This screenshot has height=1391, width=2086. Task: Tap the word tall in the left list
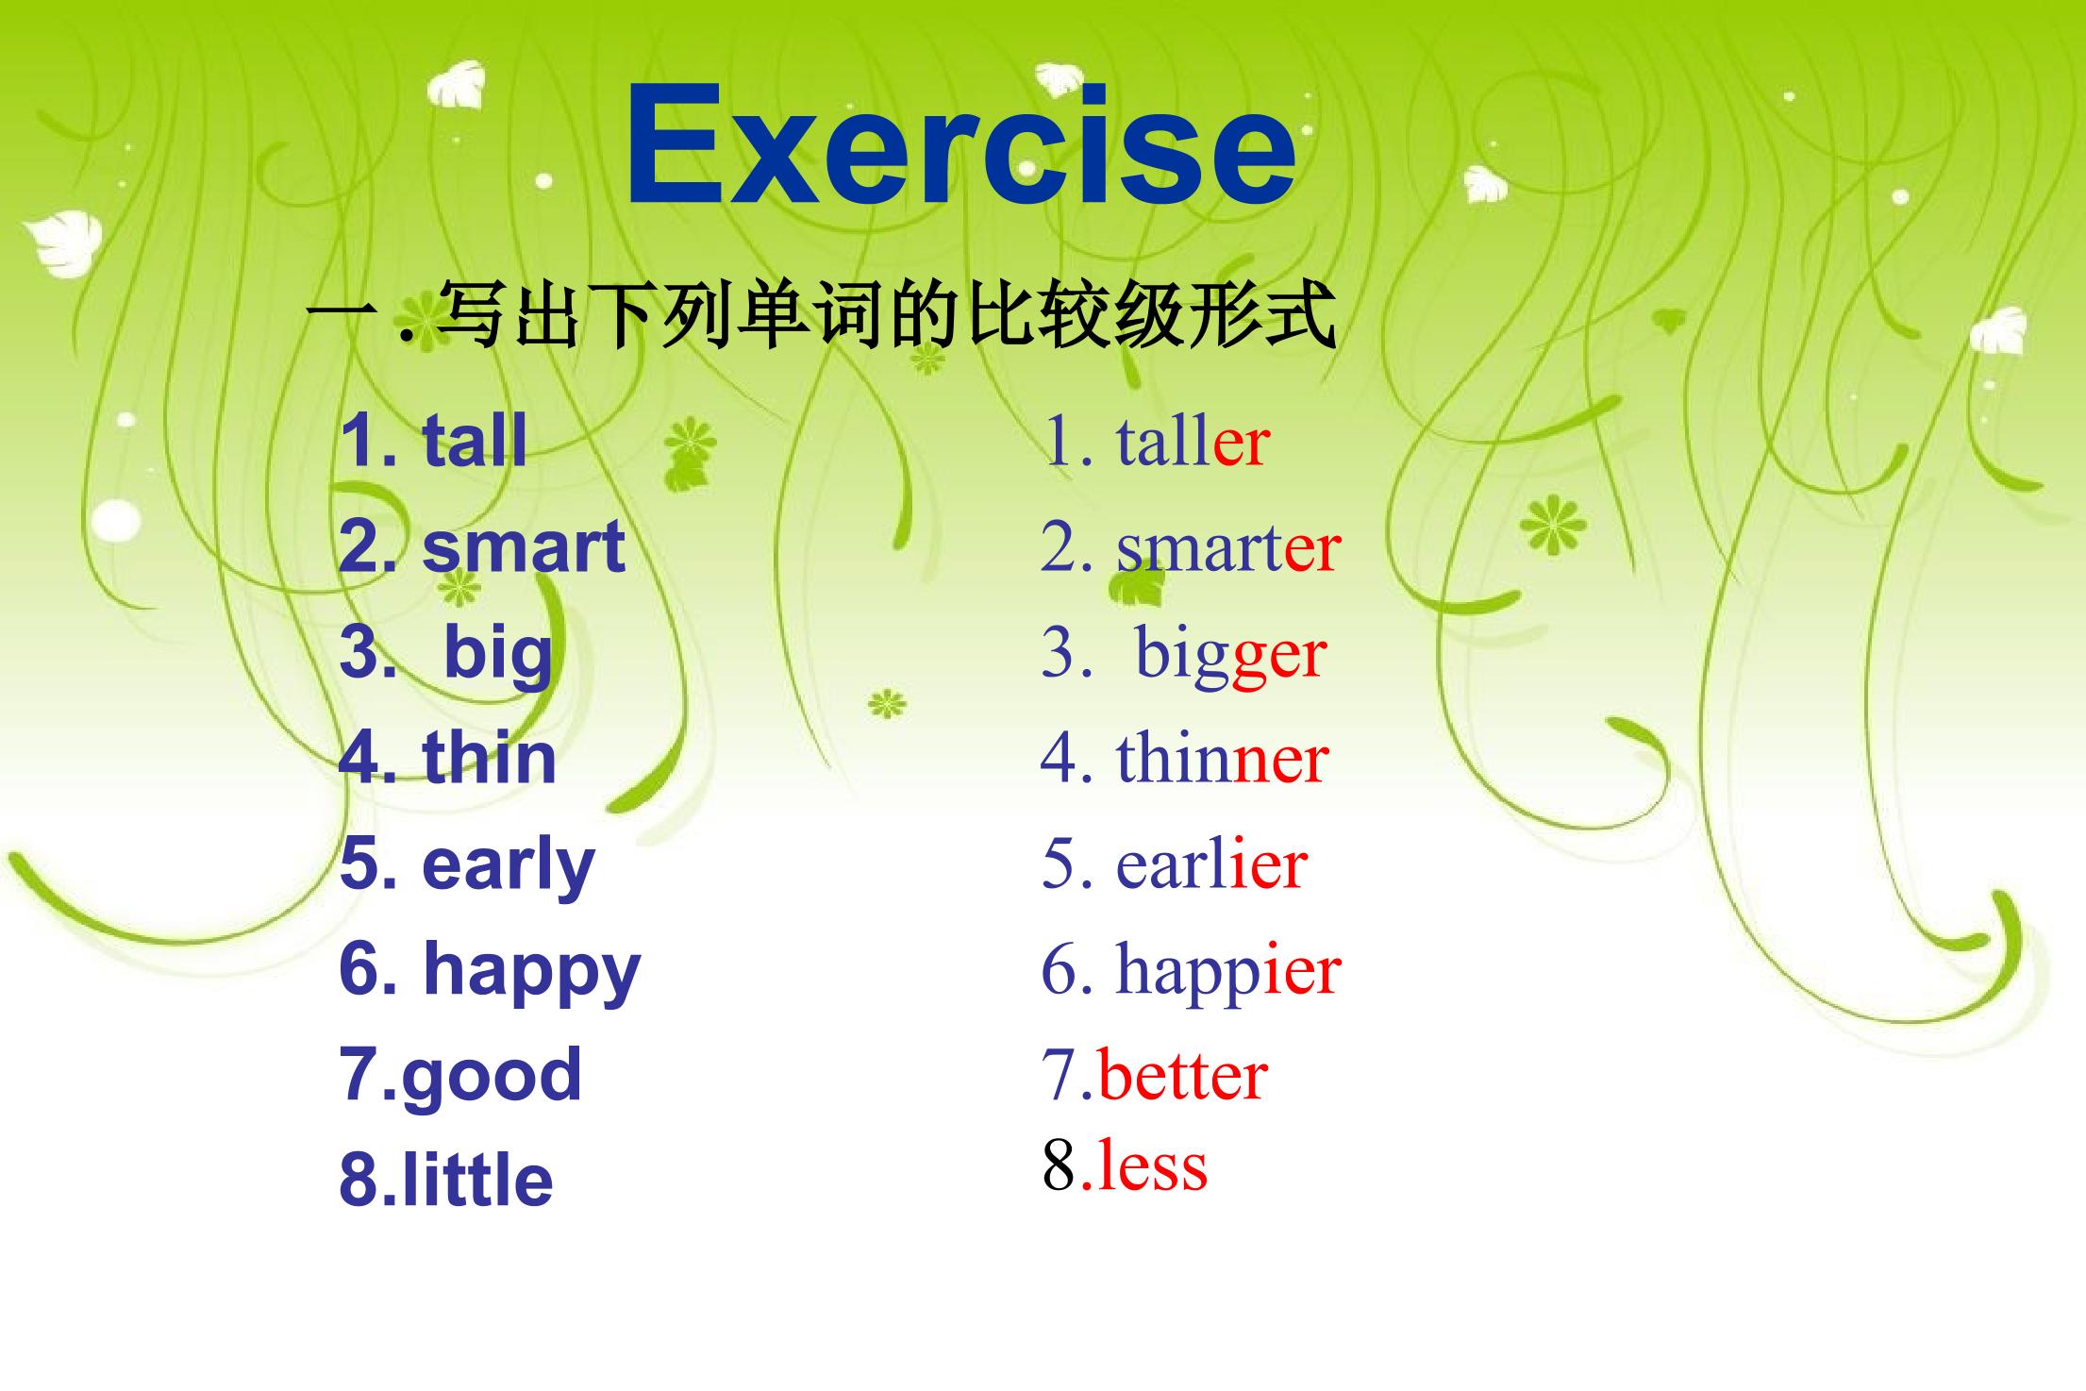tap(475, 440)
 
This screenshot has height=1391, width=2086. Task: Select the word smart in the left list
tap(524, 546)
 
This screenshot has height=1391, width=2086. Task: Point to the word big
tap(498, 654)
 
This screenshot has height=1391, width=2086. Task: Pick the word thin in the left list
tap(490, 757)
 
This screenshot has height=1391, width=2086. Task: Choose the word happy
tap(532, 972)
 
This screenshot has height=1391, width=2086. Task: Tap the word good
tap(492, 1077)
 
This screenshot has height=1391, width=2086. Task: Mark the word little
tap(477, 1180)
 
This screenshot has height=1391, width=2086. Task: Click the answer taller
tap(1193, 442)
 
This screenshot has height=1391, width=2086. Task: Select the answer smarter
tap(1228, 548)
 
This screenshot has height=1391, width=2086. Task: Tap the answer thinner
tap(1223, 758)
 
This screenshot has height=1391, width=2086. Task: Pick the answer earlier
tap(1212, 864)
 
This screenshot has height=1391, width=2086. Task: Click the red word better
tap(1183, 1077)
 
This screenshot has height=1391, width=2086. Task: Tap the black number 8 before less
tap(1060, 1166)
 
